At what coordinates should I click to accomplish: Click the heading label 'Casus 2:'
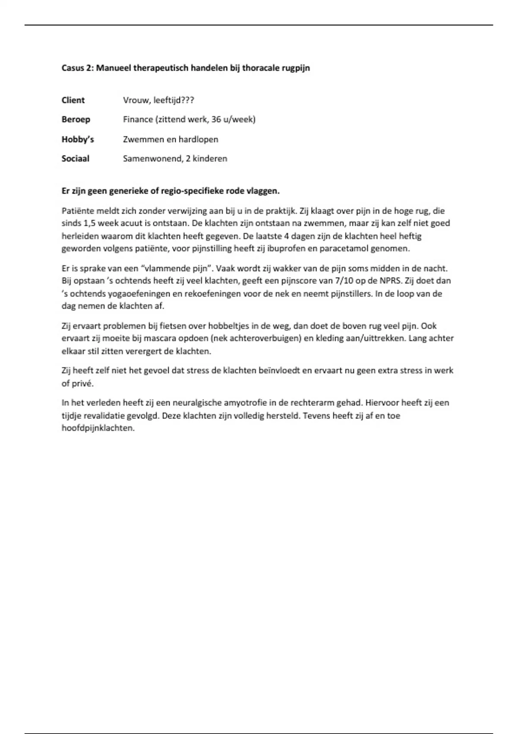(x=78, y=68)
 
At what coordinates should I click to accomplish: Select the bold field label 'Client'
(x=73, y=100)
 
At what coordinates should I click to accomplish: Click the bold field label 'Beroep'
(x=76, y=120)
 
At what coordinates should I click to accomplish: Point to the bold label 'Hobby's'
(x=78, y=139)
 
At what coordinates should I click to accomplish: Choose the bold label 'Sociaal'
(x=76, y=158)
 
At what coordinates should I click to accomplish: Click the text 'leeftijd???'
(x=174, y=100)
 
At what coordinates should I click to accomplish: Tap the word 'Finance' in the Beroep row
(x=138, y=120)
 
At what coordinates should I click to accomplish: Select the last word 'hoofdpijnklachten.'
(x=98, y=428)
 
